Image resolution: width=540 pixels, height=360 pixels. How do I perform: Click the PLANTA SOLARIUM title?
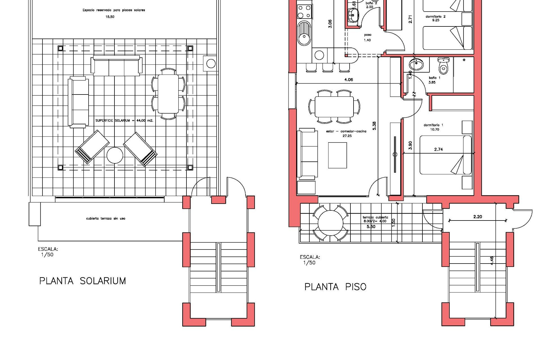click(82, 281)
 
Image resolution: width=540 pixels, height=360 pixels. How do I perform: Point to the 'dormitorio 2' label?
click(435, 17)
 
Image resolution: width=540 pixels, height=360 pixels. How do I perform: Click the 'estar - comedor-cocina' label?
click(346, 131)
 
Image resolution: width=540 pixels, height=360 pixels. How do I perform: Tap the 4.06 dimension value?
click(348, 80)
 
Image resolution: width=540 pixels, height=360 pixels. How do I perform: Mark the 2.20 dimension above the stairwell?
click(478, 217)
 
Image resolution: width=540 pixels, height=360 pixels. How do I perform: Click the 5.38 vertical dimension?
click(374, 126)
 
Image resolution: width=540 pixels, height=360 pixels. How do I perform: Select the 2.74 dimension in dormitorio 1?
click(438, 150)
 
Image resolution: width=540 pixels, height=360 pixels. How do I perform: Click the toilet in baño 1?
click(444, 65)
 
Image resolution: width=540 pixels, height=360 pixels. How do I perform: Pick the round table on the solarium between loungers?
click(115, 155)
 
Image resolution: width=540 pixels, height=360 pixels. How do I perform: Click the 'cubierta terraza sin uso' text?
click(106, 219)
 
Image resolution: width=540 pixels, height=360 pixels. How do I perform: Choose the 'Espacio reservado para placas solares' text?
click(114, 10)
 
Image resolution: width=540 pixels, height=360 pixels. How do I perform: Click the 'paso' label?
click(368, 35)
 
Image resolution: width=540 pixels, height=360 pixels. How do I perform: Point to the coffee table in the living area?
click(337, 155)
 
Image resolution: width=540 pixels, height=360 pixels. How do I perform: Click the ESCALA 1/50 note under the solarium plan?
click(48, 252)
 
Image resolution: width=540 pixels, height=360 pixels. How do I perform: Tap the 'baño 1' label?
click(435, 78)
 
